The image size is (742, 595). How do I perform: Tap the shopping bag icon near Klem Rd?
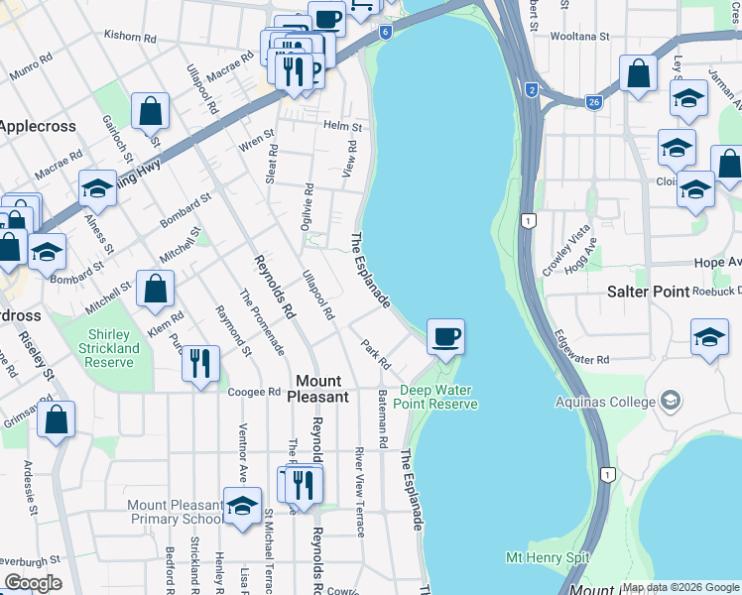point(156,289)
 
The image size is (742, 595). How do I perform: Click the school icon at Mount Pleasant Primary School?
point(242,506)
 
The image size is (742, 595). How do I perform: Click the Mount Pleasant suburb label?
point(318,389)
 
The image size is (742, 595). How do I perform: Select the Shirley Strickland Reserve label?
point(111,348)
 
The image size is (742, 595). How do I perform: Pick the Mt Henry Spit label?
point(547,558)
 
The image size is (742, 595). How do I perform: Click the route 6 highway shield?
point(384,32)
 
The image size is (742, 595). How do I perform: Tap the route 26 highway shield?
point(593,102)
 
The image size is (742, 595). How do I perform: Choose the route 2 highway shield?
point(533,90)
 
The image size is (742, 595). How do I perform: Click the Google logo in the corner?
point(33,583)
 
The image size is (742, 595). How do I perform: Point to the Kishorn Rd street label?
point(131,38)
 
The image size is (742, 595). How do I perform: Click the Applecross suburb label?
point(34,126)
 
